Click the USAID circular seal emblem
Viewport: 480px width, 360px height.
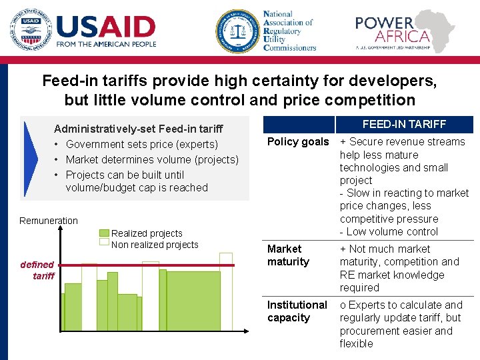pos(30,31)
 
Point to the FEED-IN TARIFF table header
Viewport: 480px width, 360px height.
pos(404,124)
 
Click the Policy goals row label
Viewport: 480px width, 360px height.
pos(298,141)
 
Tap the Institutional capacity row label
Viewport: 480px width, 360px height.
pos(297,311)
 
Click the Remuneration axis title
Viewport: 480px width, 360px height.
pos(49,221)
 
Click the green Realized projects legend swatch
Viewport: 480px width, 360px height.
pos(104,233)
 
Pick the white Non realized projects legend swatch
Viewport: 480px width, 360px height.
pos(104,244)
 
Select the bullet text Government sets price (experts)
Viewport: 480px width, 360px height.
pos(142,144)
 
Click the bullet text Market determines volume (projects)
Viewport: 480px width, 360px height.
pos(152,159)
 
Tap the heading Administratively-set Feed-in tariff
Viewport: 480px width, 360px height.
pos(138,129)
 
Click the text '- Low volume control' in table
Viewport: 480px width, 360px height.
pos(389,231)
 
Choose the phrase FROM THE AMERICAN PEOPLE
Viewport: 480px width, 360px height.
pos(106,44)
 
